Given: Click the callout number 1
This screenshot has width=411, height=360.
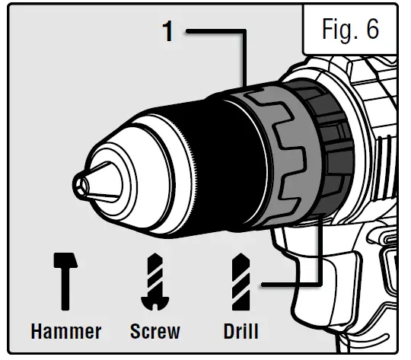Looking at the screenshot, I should point(168,33).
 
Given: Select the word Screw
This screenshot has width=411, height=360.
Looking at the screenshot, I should point(155,331).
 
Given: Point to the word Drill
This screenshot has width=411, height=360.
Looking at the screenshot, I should point(241,331).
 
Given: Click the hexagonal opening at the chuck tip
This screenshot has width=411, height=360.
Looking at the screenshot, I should point(81,183).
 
